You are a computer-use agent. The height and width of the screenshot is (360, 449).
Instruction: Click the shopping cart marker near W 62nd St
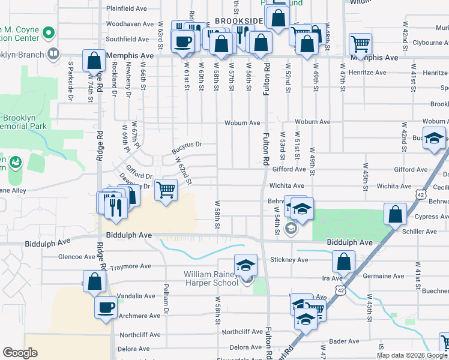(x=166, y=190)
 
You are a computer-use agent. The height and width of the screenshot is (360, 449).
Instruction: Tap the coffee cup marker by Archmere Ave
(x=106, y=308)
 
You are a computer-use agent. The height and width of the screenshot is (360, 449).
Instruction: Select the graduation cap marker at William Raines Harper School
(x=246, y=265)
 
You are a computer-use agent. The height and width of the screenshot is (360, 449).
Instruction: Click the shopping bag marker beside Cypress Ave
(x=395, y=214)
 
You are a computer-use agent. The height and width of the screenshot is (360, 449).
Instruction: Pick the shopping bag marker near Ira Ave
(x=343, y=261)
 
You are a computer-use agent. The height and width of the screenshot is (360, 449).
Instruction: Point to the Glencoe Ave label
(x=76, y=256)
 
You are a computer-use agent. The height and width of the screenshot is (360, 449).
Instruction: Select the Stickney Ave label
(x=289, y=260)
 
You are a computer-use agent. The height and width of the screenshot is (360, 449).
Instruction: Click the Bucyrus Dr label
(x=187, y=144)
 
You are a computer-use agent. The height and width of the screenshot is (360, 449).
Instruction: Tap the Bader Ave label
(x=344, y=341)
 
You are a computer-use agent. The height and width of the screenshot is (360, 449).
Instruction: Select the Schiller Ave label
(x=424, y=230)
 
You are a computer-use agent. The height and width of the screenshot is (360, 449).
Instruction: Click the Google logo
(x=20, y=352)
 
